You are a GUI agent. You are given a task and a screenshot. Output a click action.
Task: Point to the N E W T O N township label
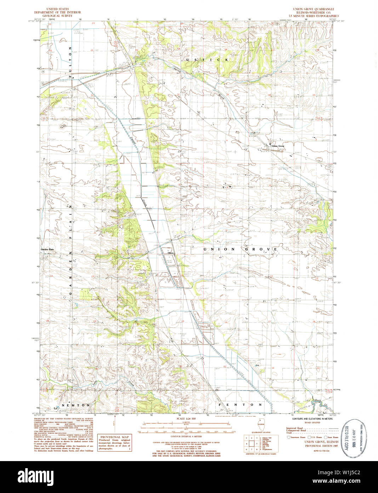point(76,405)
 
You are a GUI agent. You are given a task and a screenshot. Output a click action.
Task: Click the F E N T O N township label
point(240,404)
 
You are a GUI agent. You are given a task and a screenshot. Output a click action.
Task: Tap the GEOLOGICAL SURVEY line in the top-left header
point(57,16)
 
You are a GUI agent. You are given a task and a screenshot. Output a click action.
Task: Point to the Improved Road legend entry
point(294,428)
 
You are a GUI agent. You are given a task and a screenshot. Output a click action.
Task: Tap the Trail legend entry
point(290,433)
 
